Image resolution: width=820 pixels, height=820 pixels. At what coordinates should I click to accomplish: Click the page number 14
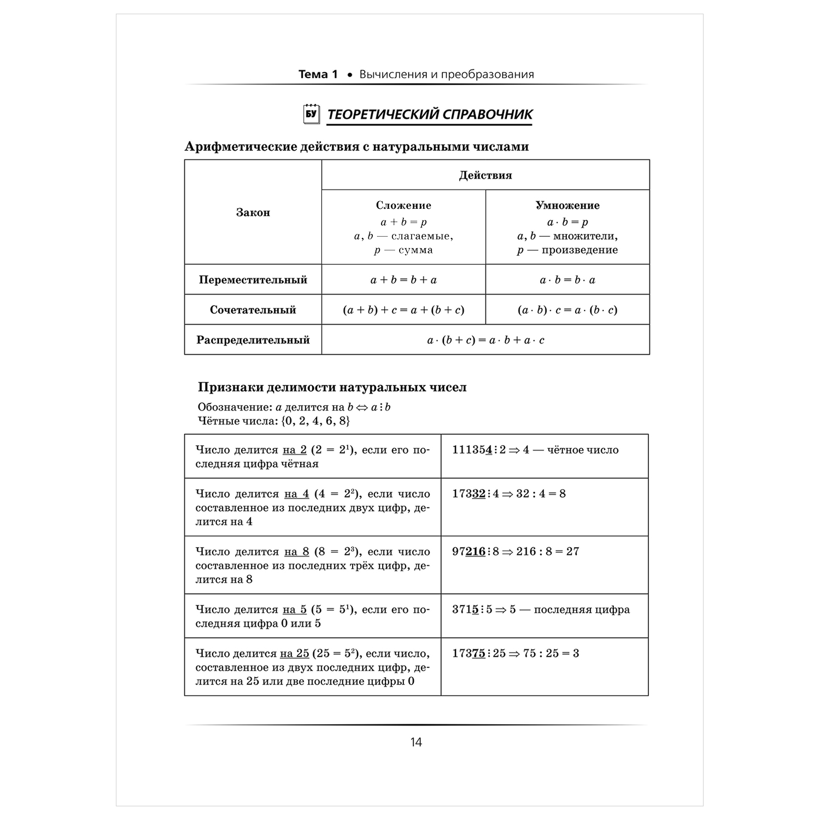point(416,742)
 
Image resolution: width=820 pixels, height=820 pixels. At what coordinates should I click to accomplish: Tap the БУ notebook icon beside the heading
point(311,114)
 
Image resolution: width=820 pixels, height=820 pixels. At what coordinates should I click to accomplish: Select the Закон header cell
point(253,213)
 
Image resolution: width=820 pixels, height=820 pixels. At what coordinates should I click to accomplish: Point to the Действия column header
point(485,175)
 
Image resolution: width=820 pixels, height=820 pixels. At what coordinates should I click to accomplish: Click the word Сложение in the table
point(403,206)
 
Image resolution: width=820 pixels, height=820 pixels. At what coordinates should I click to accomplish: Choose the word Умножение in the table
point(567,206)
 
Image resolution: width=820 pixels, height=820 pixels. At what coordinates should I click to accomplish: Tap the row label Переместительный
point(253,280)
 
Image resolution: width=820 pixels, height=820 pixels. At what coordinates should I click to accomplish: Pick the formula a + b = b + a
point(403,280)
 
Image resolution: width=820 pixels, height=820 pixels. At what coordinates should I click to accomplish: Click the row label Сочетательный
point(253,310)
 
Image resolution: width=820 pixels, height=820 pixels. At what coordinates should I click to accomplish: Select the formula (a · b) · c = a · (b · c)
point(567,310)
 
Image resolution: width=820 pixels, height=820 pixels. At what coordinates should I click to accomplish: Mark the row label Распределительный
point(253,340)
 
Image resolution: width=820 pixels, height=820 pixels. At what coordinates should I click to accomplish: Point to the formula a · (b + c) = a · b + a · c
point(485,340)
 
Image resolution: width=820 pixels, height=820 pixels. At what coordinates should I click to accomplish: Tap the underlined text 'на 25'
point(295,653)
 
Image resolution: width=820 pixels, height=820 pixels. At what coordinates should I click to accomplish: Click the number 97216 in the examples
point(469,552)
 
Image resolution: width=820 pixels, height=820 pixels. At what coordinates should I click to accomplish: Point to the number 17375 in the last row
point(469,653)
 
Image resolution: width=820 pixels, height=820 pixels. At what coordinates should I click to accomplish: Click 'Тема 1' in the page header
point(318,74)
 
